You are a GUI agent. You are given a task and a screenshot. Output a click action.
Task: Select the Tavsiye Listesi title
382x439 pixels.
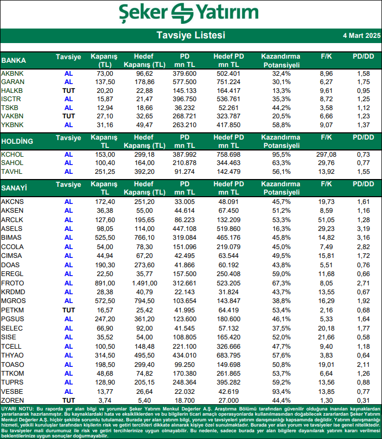pos(191,35)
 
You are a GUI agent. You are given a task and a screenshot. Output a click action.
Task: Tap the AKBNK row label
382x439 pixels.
pos(12,74)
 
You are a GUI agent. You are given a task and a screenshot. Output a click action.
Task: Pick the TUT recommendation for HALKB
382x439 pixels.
pos(69,91)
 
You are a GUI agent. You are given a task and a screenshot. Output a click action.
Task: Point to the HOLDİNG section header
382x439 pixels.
pos(17,141)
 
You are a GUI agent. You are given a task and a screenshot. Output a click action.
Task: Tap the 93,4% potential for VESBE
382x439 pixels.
pos(281,392)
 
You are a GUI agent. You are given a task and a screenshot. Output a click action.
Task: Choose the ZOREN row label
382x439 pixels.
pos(12,401)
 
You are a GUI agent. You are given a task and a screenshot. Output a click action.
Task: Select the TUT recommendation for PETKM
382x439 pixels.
pos(69,309)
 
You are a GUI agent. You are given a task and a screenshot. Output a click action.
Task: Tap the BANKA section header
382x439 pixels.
pos(14,60)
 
